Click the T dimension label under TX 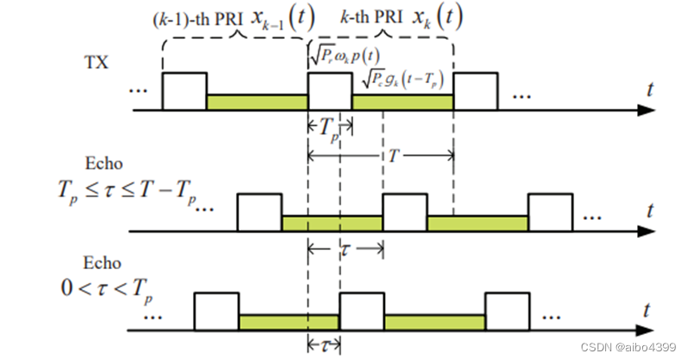393,157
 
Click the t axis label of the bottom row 648,308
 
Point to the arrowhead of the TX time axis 645,110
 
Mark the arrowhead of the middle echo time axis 645,231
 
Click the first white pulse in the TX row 184,91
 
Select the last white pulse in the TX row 477,91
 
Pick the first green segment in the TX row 257,102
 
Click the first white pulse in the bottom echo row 216,312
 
